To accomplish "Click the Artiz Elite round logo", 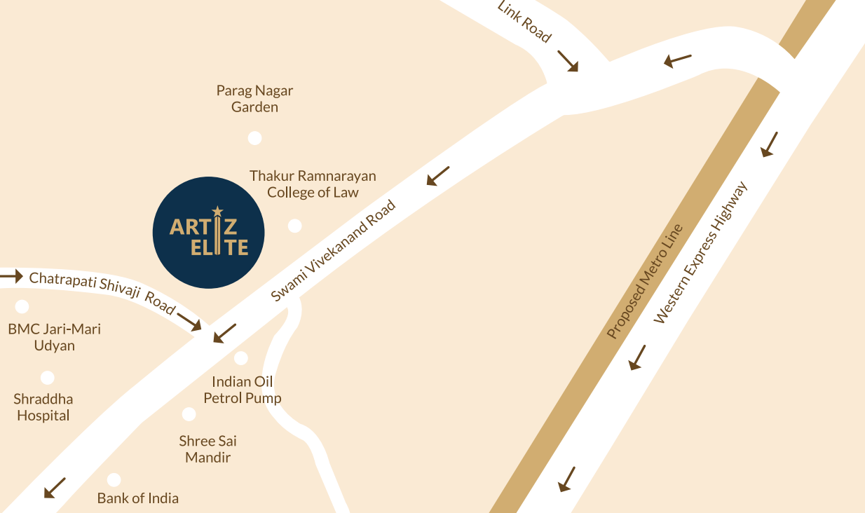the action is (208, 233).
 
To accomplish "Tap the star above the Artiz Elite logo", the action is (217, 210).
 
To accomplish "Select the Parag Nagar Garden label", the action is (254, 99).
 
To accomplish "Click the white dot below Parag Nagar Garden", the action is (255, 138).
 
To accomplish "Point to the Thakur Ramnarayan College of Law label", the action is (313, 184).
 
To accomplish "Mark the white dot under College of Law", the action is (295, 226).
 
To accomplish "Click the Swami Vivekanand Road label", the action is (334, 251).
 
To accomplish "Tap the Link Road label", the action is (524, 22).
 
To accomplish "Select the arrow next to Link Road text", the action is (568, 60).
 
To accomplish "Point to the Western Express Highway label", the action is (701, 253).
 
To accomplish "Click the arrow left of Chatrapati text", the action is (12, 276).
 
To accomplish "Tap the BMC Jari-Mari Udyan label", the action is (54, 337).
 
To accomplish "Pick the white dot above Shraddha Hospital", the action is (47, 378).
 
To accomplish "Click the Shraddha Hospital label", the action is (43, 407).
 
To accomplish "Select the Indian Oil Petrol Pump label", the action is (243, 390).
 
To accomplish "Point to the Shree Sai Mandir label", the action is (207, 449).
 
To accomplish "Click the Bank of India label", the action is (138, 498).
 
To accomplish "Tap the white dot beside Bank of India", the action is (114, 480).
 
